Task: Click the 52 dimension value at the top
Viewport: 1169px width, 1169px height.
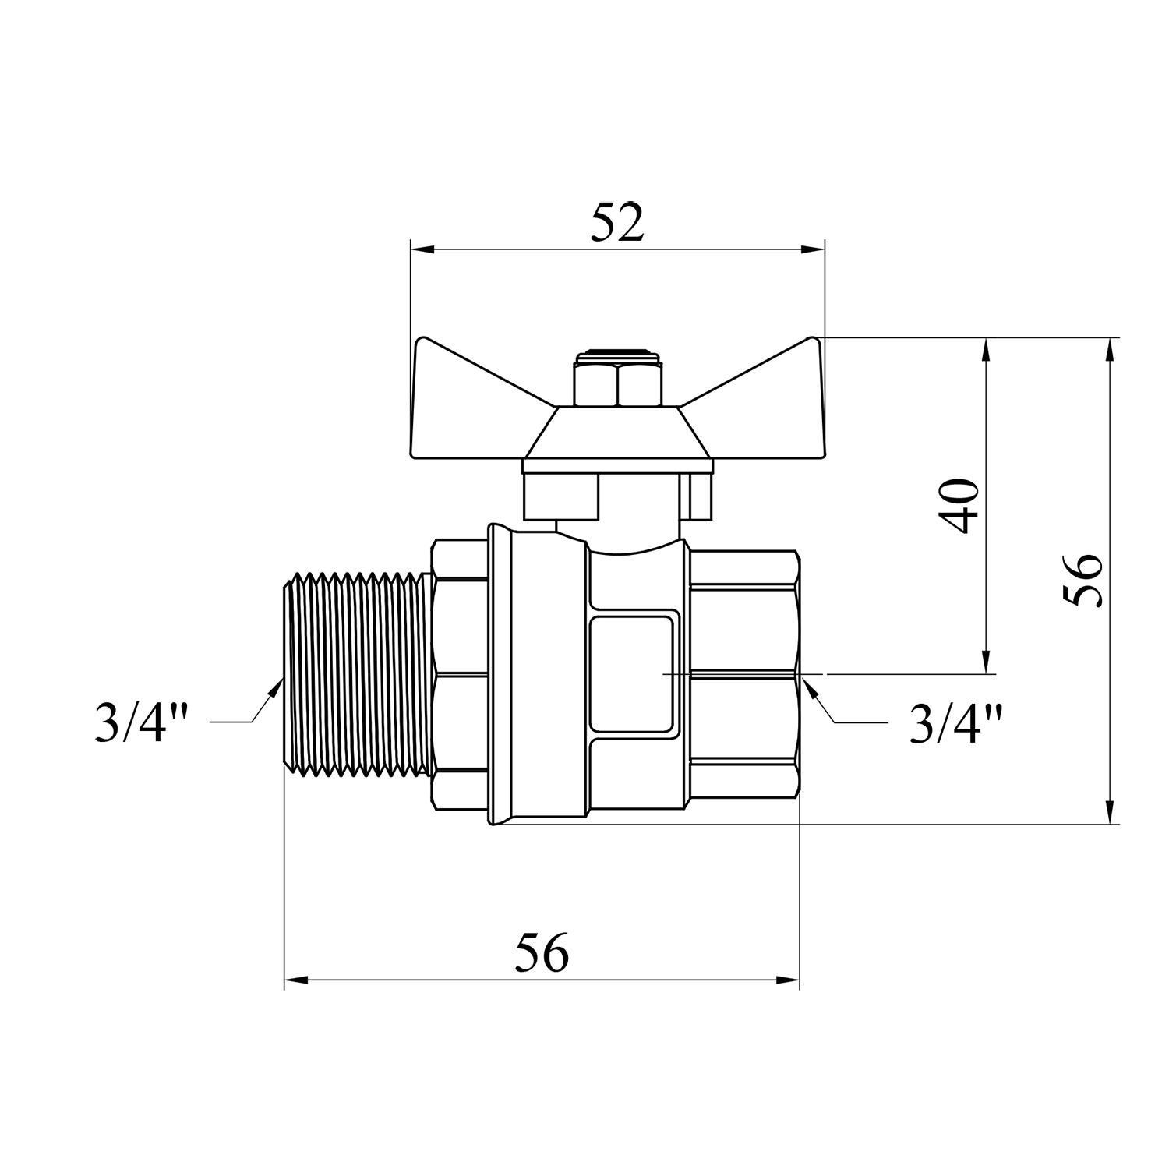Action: pyautogui.click(x=617, y=223)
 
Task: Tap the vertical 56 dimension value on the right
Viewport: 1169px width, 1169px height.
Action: pyautogui.click(x=1083, y=581)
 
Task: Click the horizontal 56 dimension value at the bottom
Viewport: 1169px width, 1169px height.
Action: pyautogui.click(x=542, y=952)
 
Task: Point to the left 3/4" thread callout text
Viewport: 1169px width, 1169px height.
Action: pyautogui.click(x=142, y=722)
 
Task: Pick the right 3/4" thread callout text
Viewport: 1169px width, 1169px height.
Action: pyautogui.click(x=955, y=722)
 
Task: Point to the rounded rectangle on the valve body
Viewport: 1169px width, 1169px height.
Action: pyautogui.click(x=631, y=673)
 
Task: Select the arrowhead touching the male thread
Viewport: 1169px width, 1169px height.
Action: pyautogui.click(x=274, y=691)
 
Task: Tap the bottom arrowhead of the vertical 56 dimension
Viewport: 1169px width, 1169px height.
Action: pyautogui.click(x=1110, y=811)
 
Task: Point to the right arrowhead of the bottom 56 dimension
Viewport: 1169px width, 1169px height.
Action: pyautogui.click(x=787, y=980)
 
